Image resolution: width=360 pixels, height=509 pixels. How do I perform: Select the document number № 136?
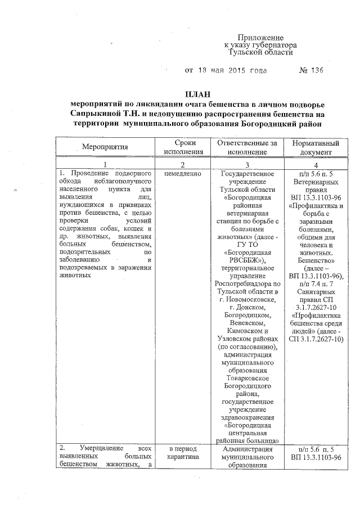pos(311,71)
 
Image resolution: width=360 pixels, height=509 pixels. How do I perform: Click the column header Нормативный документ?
pos(311,147)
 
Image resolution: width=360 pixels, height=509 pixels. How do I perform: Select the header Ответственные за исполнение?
pos(247,147)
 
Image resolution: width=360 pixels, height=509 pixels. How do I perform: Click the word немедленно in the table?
pos(182,174)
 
